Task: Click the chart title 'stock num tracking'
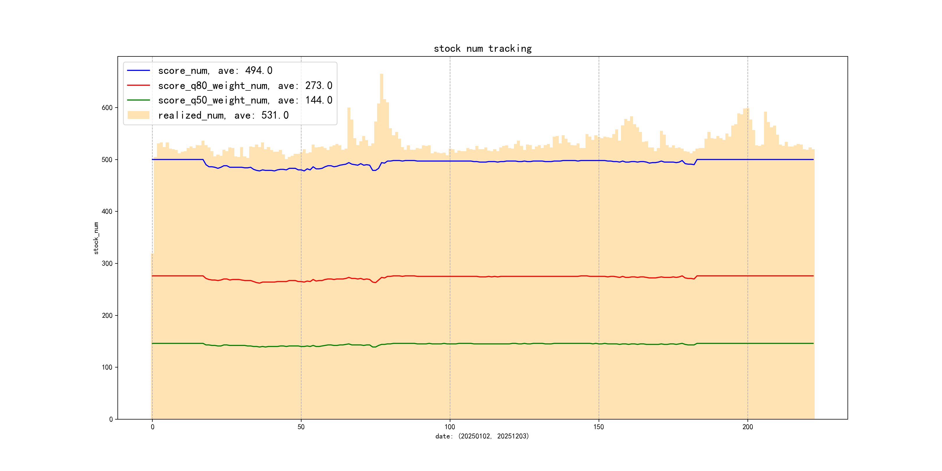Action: tap(482, 49)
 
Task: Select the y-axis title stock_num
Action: tap(96, 238)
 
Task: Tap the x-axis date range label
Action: tap(482, 436)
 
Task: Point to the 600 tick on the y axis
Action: tap(107, 108)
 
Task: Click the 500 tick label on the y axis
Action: tap(107, 160)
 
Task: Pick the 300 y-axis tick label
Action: tap(107, 264)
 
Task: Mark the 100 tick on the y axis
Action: tap(107, 367)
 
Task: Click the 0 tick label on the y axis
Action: tap(111, 420)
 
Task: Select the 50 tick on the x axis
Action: tap(301, 427)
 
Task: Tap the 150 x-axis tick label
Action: tap(599, 427)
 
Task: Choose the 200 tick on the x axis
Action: tap(747, 427)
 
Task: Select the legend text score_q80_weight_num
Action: tap(214, 85)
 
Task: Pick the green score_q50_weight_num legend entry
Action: tap(214, 101)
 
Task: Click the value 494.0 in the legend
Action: tap(258, 70)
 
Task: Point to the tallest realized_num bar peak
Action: tap(381, 75)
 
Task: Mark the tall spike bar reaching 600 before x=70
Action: tap(349, 109)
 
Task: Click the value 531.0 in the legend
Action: tap(275, 115)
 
